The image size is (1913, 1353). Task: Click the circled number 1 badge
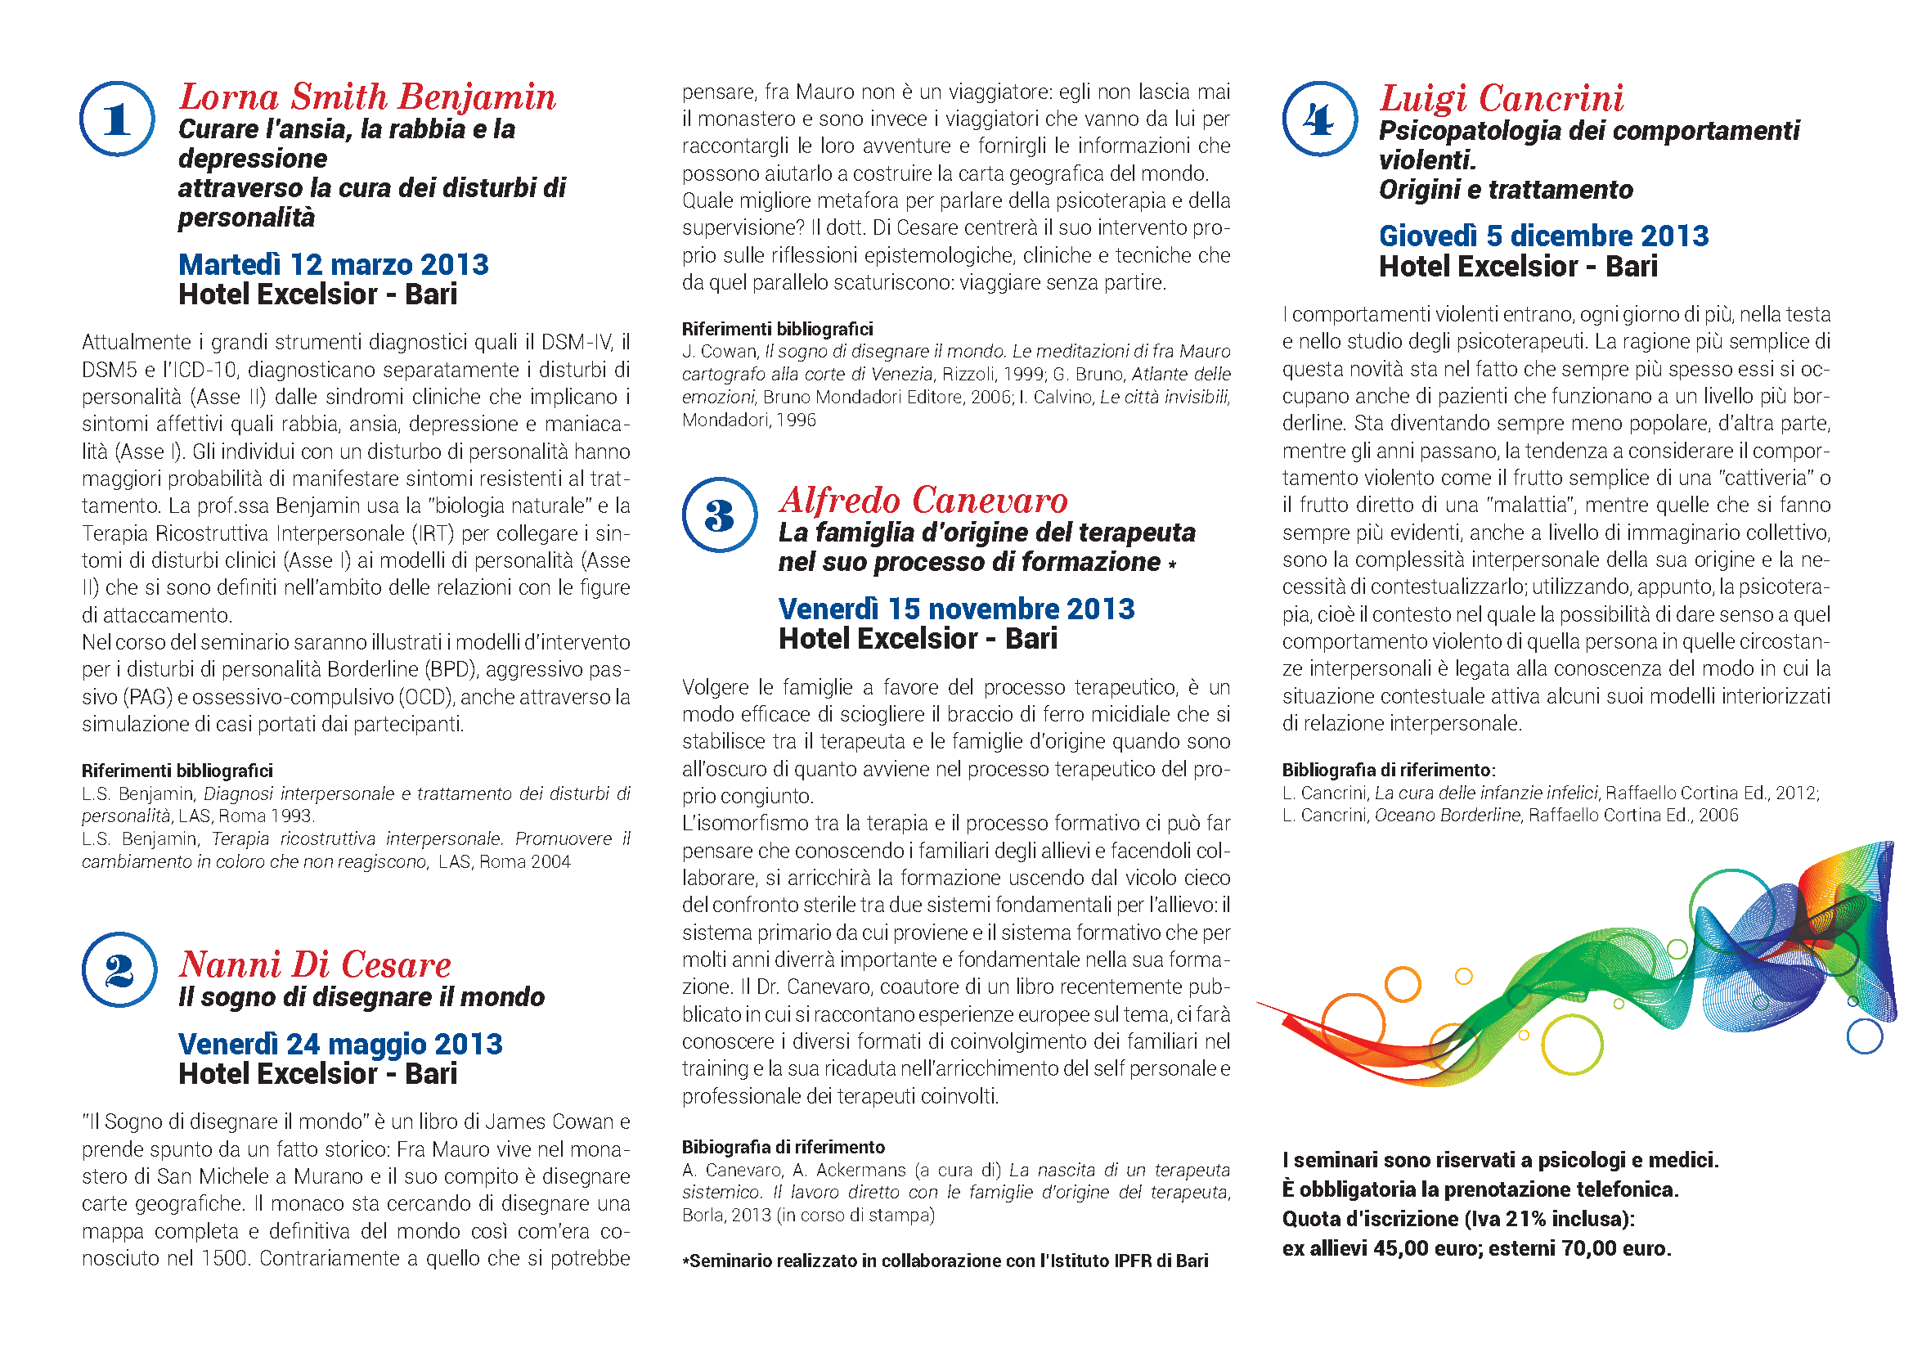click(117, 119)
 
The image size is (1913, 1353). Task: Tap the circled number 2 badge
click(119, 970)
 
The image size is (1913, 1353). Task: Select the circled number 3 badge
click(719, 515)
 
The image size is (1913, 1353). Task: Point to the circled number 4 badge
click(1320, 119)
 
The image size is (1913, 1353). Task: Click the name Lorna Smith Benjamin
click(367, 97)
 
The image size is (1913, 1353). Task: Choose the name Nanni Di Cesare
click(315, 964)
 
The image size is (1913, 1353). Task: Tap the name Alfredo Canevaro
click(923, 501)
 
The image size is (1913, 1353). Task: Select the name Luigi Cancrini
click(1502, 98)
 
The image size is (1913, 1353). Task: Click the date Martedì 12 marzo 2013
click(333, 265)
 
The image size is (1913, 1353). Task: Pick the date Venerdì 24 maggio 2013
click(340, 1044)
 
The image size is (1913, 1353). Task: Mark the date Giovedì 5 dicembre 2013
click(1543, 236)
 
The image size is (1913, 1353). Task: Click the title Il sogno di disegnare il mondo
click(361, 997)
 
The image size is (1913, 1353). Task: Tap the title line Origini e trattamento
click(1506, 190)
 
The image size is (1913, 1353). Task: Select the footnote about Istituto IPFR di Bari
click(945, 1261)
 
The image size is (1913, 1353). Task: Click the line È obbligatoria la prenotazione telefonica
click(1480, 1189)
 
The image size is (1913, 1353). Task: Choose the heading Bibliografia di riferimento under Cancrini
click(1388, 771)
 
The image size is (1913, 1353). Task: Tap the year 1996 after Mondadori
click(796, 420)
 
